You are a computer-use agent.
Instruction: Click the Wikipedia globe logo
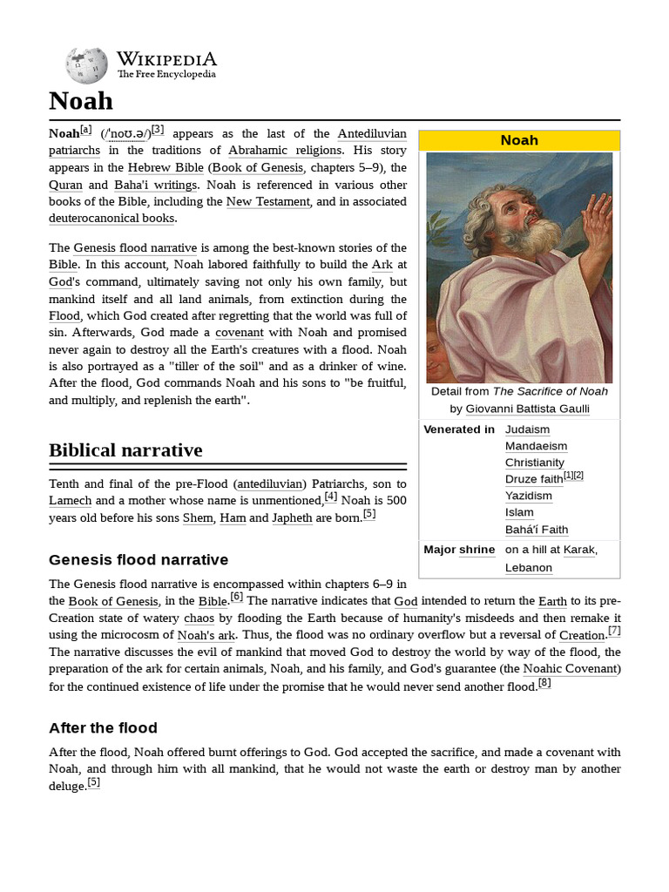click(86, 65)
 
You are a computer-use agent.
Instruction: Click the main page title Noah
click(81, 101)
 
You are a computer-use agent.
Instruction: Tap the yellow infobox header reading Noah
click(519, 140)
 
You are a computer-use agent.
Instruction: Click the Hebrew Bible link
click(165, 167)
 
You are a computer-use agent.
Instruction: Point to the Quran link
click(65, 185)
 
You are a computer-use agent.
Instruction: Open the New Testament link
click(267, 201)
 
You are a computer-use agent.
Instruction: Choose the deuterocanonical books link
click(111, 218)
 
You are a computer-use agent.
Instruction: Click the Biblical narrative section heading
click(125, 450)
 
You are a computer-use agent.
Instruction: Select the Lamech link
click(70, 500)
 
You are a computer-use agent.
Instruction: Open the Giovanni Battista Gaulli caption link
click(528, 409)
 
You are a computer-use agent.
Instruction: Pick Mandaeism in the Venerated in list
click(536, 446)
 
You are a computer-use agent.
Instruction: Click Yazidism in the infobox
click(528, 496)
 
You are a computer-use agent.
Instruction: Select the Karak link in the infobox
click(579, 550)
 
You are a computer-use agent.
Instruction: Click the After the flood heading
click(103, 727)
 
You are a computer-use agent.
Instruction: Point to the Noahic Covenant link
click(571, 669)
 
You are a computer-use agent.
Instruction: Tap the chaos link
click(199, 618)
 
